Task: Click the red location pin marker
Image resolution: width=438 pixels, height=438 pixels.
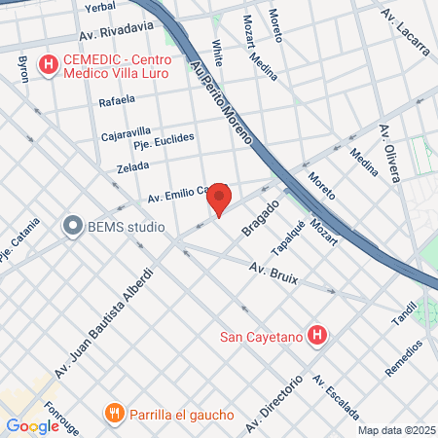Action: click(x=219, y=199)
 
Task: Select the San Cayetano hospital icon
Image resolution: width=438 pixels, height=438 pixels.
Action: click(x=316, y=337)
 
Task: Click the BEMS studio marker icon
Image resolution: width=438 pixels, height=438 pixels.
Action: click(x=72, y=227)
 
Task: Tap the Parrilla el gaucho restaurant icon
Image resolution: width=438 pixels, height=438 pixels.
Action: click(x=115, y=414)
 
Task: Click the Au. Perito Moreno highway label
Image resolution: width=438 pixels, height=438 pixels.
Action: click(x=221, y=96)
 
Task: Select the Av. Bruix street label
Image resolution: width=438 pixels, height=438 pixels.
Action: click(x=273, y=274)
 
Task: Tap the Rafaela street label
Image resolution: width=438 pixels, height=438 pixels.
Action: click(x=117, y=101)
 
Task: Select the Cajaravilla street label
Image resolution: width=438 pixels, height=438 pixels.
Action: click(x=127, y=132)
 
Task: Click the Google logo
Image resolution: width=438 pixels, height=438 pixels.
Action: click(x=32, y=425)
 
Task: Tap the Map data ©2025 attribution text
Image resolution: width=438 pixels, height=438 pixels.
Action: click(x=396, y=430)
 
